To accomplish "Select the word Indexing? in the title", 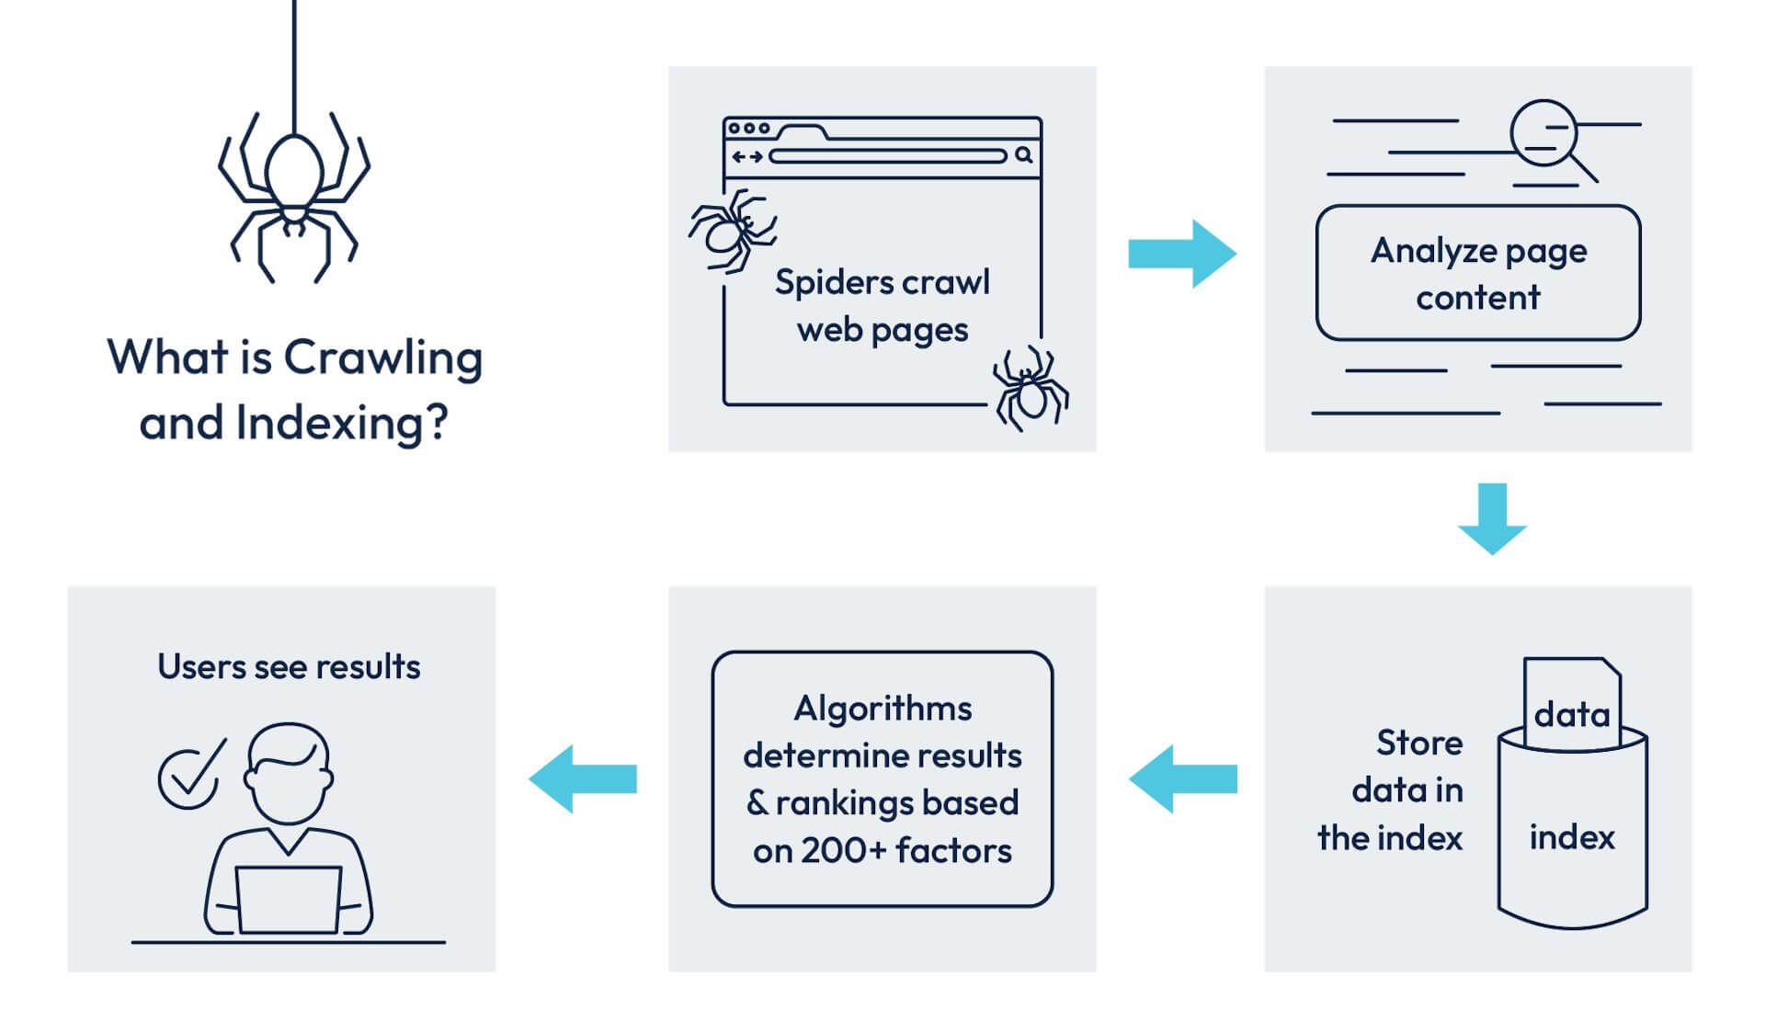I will click(342, 424).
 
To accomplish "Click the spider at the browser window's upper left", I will click(732, 230).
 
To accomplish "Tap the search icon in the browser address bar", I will click(1023, 155).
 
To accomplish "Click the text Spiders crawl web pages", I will click(882, 305).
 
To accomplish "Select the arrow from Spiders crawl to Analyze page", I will click(1181, 253).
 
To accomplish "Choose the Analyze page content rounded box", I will click(1477, 273).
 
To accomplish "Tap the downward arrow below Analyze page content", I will click(1492, 518).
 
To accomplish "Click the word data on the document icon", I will click(1571, 714).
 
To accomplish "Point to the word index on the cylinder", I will click(1571, 837).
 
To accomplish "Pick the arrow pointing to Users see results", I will click(582, 778).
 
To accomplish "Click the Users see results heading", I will click(289, 666).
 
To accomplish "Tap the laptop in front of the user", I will click(288, 900).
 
